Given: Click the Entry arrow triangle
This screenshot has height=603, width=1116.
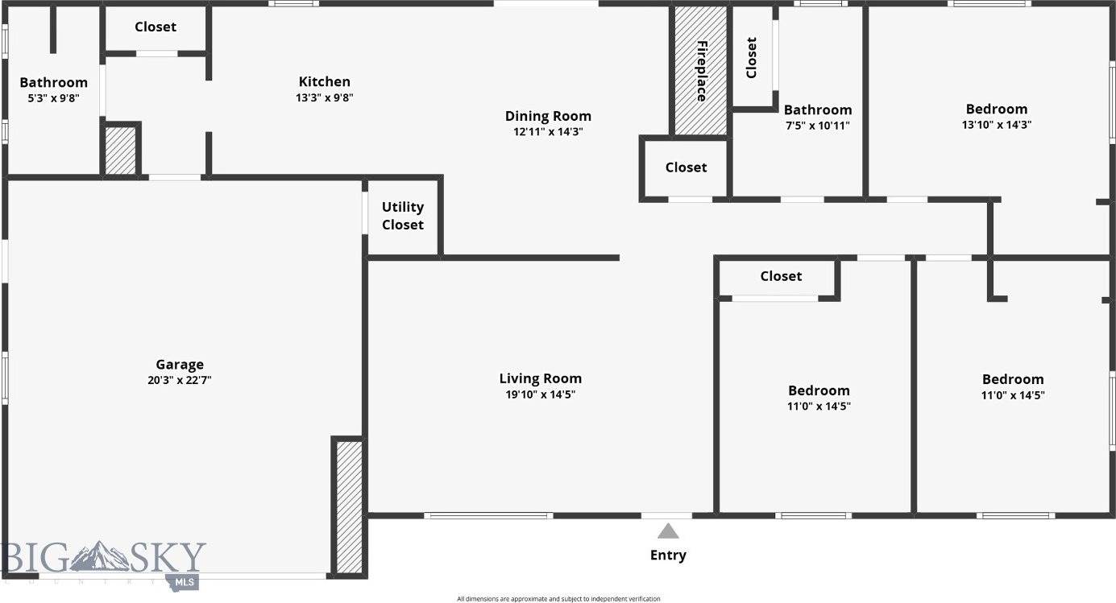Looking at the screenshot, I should pyautogui.click(x=667, y=531).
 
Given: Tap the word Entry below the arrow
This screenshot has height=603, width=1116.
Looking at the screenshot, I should pyautogui.click(x=668, y=555).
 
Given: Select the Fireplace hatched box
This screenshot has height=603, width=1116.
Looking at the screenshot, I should pyautogui.click(x=700, y=71).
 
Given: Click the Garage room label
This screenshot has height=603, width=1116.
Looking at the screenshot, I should pyautogui.click(x=180, y=364).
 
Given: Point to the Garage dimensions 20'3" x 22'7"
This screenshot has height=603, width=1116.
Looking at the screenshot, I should pyautogui.click(x=180, y=380).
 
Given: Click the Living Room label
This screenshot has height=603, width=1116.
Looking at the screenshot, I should pyautogui.click(x=540, y=378).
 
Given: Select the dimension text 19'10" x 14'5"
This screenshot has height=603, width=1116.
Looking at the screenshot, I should pyautogui.click(x=540, y=394).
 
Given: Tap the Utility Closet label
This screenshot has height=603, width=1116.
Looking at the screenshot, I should pyautogui.click(x=403, y=216).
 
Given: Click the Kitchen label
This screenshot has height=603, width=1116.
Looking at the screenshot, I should pyautogui.click(x=325, y=81).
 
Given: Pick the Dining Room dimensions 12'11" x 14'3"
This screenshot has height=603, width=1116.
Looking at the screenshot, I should pyautogui.click(x=548, y=132).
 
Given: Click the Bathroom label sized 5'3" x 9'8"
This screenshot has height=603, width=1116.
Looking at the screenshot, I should pyautogui.click(x=53, y=82).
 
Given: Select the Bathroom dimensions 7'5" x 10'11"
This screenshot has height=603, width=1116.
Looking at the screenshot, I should pyautogui.click(x=817, y=126).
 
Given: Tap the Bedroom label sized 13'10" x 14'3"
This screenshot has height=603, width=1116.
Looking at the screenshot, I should pyautogui.click(x=997, y=109).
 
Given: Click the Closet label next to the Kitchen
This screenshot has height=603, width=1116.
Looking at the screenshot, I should pyautogui.click(x=156, y=27).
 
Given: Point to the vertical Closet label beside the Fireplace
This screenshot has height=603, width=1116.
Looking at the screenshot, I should pyautogui.click(x=752, y=58).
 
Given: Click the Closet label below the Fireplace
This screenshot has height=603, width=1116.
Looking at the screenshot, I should pyautogui.click(x=686, y=167).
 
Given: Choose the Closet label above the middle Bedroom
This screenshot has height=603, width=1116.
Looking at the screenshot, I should pyautogui.click(x=781, y=276).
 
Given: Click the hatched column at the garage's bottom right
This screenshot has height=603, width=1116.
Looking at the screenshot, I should pyautogui.click(x=348, y=506).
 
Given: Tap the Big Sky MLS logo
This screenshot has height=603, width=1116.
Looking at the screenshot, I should pyautogui.click(x=103, y=562).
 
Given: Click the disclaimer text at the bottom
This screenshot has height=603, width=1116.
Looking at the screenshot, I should pyautogui.click(x=558, y=598).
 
